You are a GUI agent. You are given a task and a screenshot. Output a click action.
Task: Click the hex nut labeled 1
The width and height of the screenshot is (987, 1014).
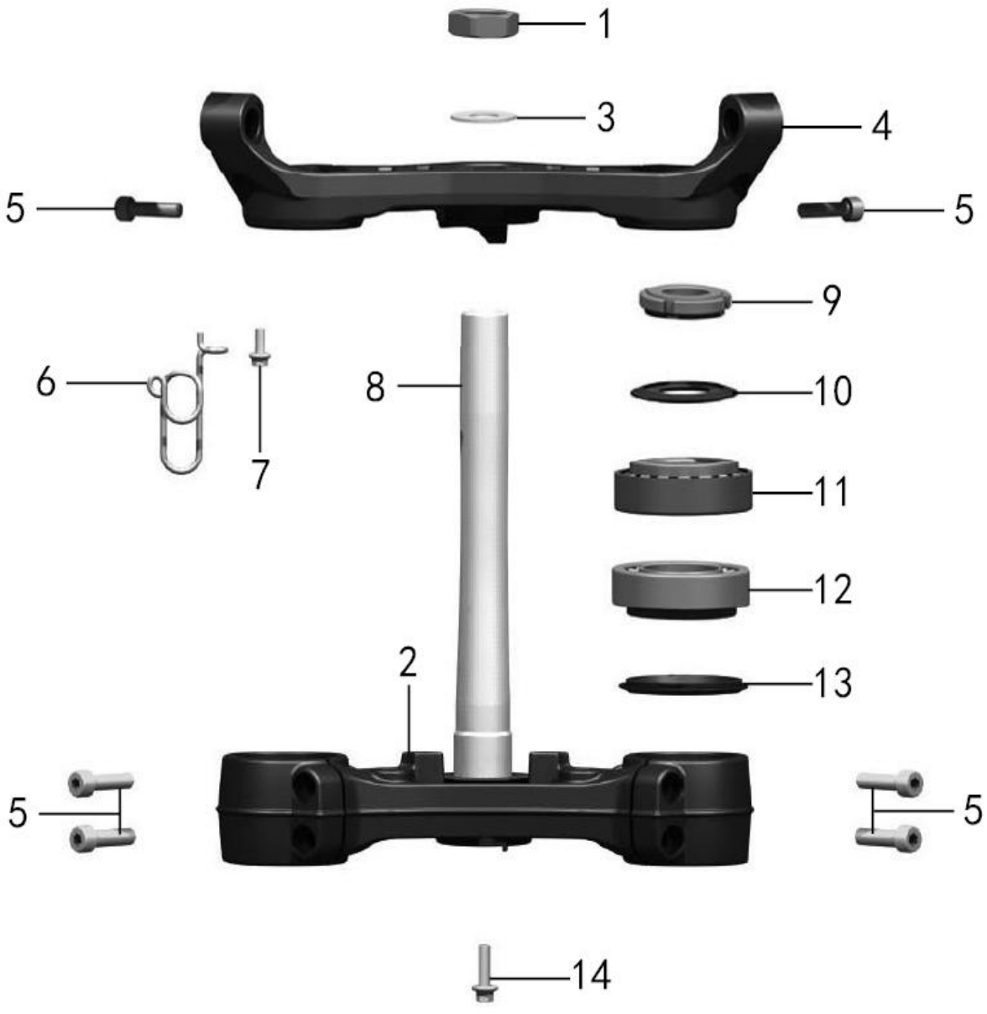click(x=483, y=24)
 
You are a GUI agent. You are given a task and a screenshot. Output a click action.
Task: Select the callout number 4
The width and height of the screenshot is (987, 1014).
click(x=881, y=127)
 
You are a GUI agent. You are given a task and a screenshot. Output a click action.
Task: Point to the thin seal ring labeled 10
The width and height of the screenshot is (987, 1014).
click(x=682, y=391)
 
